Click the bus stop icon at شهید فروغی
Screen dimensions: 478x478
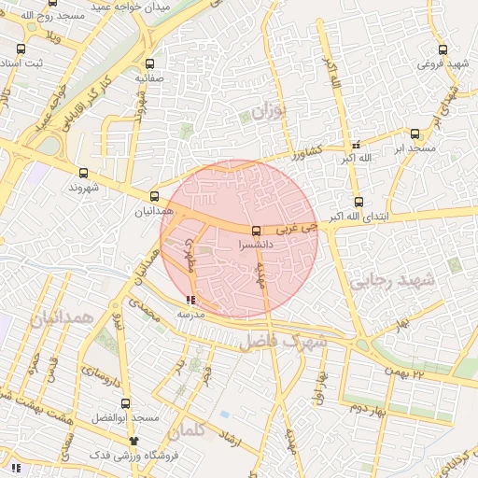443,50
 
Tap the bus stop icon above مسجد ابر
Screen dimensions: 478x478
415,134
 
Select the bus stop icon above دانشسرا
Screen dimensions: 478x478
257,231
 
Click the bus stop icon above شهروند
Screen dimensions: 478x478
84,173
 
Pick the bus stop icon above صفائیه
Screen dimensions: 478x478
150,64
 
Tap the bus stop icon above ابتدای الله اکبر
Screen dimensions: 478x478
358,202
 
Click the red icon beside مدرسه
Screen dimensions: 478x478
191,301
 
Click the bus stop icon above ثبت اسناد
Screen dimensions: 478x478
21,49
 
